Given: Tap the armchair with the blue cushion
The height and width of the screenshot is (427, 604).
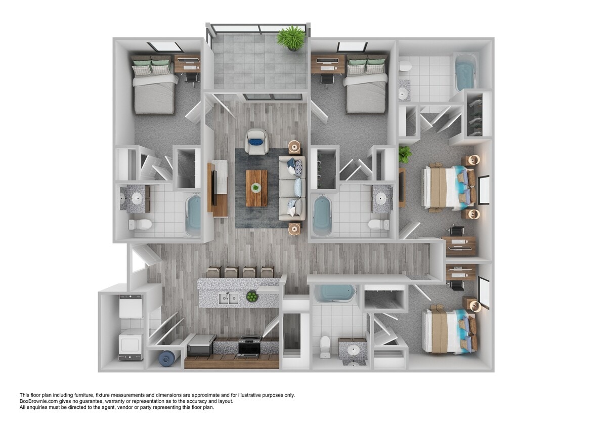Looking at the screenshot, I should coord(256,141).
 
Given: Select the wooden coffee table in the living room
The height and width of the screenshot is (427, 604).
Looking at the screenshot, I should coord(256,188).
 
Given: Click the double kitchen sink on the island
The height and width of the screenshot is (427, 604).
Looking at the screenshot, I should coord(229,298).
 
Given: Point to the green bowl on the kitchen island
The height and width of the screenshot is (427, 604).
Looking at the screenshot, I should coord(251,296).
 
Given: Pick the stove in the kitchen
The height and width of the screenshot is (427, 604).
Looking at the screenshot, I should coord(248,346).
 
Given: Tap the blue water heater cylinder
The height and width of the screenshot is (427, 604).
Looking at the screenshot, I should coord(166,358).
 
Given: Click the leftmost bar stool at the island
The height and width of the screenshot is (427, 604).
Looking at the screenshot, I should coord(213,273).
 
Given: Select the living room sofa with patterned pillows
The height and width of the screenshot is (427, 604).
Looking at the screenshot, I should coord(292,188).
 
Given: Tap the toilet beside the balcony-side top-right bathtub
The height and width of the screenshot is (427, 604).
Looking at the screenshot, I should coord(405,66).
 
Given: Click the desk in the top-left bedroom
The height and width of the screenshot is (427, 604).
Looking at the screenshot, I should coord(187,64).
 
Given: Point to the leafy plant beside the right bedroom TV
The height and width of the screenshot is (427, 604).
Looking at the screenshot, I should coord(404,154).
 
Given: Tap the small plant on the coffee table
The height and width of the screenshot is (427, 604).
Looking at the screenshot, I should coord(256,188).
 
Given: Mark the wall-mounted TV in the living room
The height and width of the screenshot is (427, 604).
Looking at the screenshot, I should coord(213,188).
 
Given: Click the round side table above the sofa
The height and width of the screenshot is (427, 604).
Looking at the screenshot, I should coord(294,147).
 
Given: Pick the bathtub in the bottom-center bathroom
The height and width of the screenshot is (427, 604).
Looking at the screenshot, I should coord(334,293).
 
